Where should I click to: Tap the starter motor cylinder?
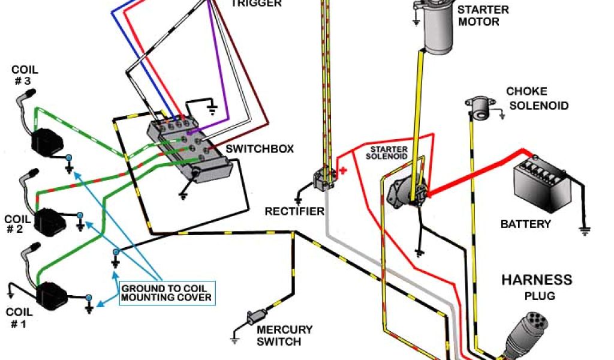tap(441, 30)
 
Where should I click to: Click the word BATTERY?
tap(526, 224)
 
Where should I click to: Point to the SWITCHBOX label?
tap(260, 149)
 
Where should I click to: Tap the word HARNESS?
tap(537, 280)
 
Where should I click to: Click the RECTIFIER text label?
tap(295, 211)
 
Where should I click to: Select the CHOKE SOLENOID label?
tap(535, 99)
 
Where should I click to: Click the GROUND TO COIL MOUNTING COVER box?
tap(167, 293)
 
